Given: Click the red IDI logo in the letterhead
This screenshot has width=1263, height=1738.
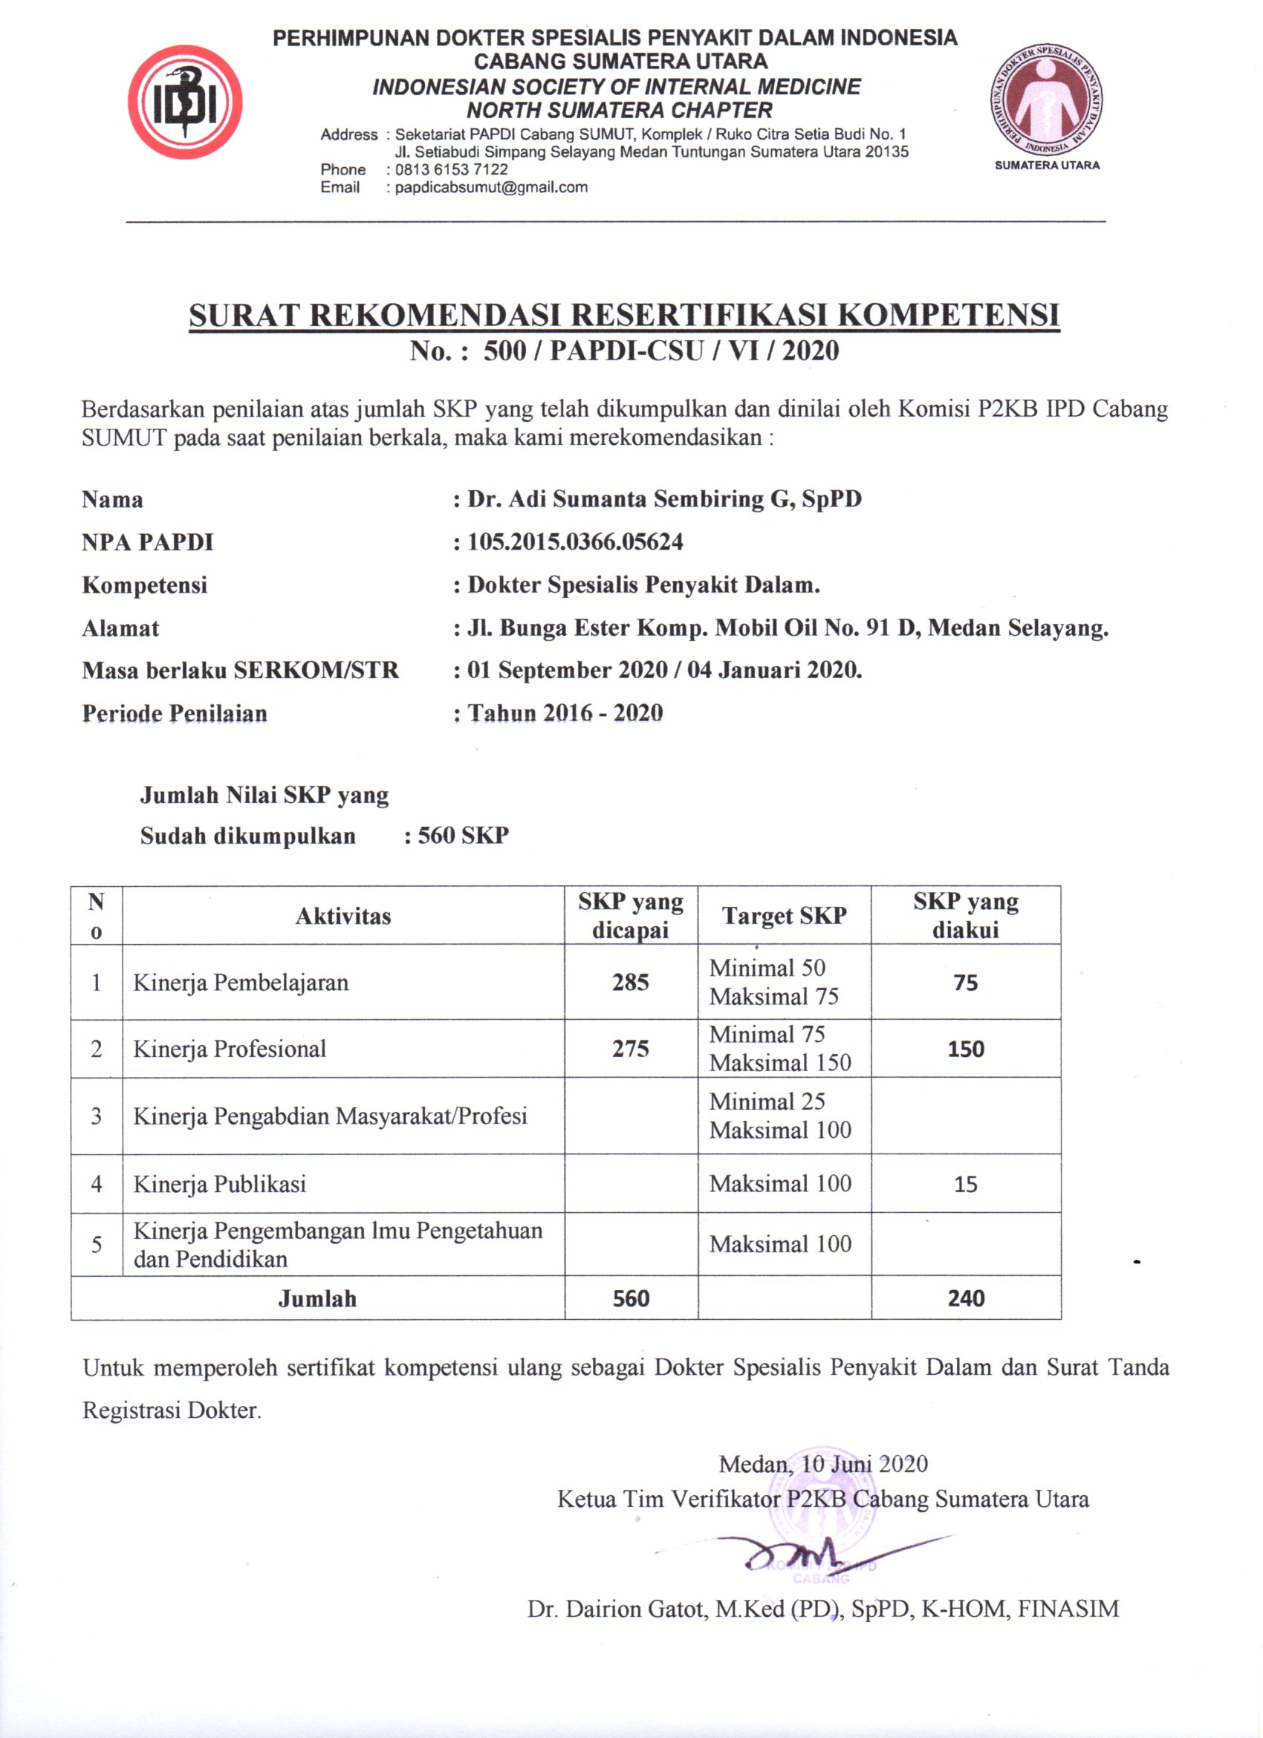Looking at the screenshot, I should pyautogui.click(x=185, y=101).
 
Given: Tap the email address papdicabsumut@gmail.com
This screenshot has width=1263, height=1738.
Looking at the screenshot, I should pyautogui.click(x=491, y=187).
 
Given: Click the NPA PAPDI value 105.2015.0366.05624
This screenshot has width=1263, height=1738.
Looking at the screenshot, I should pyautogui.click(x=575, y=541).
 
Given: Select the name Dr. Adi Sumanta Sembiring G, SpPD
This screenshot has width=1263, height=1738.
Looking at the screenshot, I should pyautogui.click(x=663, y=499).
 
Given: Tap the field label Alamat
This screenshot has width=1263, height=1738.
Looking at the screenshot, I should pyautogui.click(x=120, y=628).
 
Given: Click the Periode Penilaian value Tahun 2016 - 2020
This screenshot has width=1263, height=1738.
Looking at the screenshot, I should pyautogui.click(x=565, y=713).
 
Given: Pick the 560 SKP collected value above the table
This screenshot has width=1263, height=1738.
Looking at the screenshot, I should pyautogui.click(x=463, y=835).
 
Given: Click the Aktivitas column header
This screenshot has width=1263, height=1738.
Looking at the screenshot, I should pyautogui.click(x=343, y=916).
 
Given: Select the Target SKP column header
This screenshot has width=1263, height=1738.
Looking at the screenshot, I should pyautogui.click(x=784, y=916).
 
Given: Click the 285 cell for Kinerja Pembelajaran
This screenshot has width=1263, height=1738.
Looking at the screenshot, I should pyautogui.click(x=630, y=983).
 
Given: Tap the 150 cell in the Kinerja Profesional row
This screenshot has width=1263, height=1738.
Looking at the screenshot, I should pyautogui.click(x=966, y=1049).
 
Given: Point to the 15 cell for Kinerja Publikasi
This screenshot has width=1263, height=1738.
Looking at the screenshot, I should pyautogui.click(x=966, y=1184).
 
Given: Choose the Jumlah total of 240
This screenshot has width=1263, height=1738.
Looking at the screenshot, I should pyautogui.click(x=966, y=1299).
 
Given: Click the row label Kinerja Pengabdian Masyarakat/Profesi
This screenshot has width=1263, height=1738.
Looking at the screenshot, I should pyautogui.click(x=331, y=1116).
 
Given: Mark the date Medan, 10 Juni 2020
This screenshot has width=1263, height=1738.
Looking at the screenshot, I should pyautogui.click(x=823, y=1464).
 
